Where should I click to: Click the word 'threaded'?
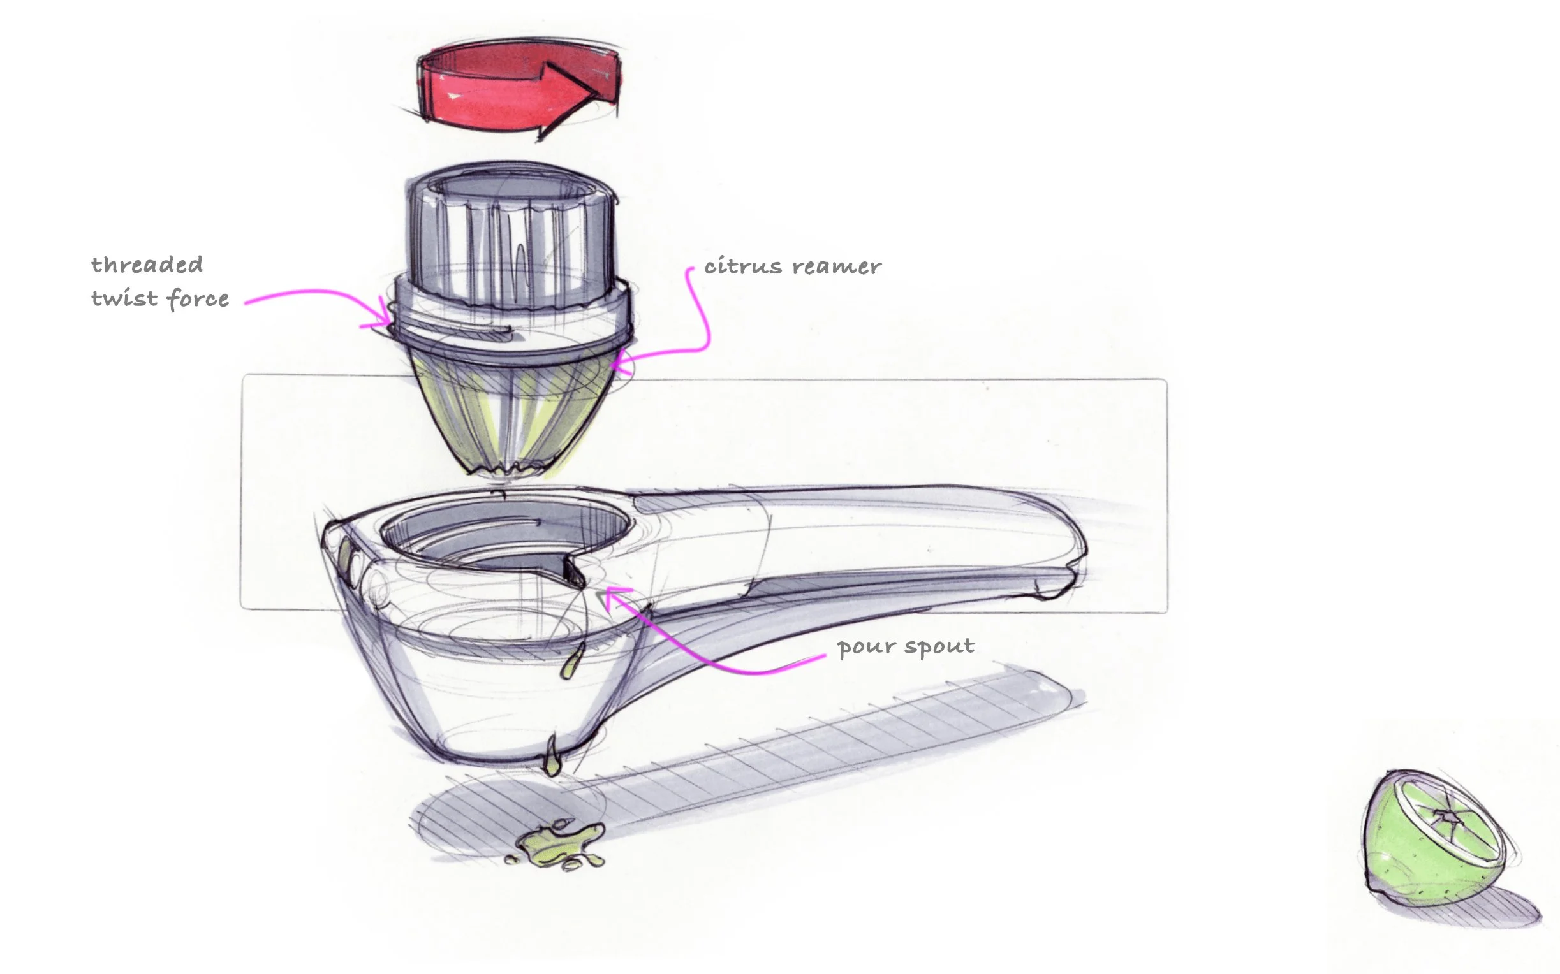click(x=147, y=265)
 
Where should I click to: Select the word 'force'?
click(x=198, y=300)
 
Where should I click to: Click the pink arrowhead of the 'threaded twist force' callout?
click(x=385, y=316)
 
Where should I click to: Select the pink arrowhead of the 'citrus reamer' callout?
click(x=615, y=364)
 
